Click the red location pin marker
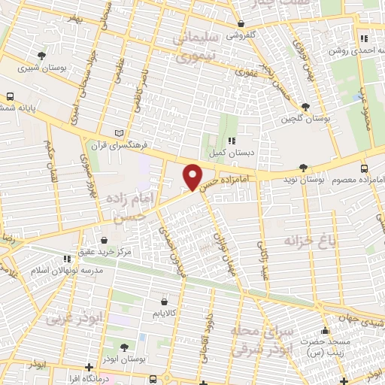pyautogui.click(x=193, y=176)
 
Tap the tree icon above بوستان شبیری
pyautogui.click(x=42, y=55)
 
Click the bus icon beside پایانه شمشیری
pyautogui.click(x=11, y=97)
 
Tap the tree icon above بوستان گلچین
pyautogui.click(x=305, y=107)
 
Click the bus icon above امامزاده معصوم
pyautogui.click(x=364, y=168)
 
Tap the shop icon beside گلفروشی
pyautogui.click(x=220, y=34)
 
